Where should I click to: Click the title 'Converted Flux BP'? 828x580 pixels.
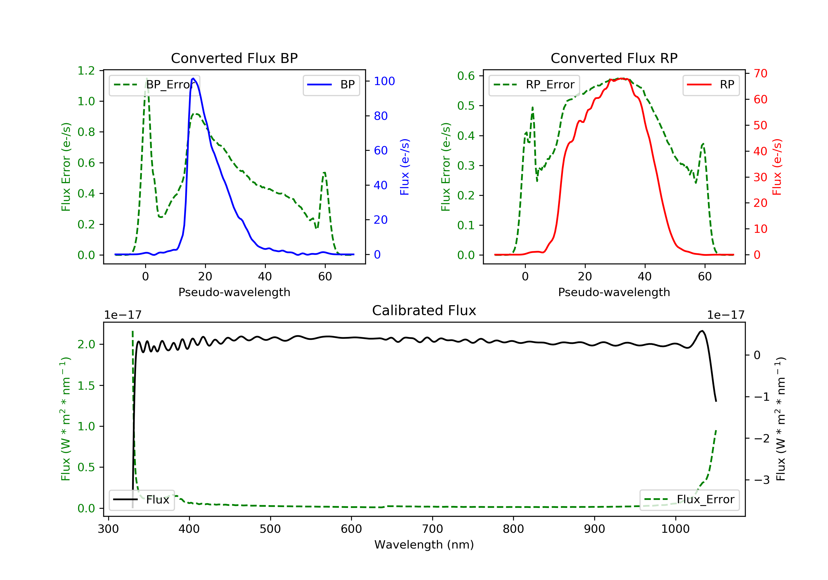[x=234, y=58]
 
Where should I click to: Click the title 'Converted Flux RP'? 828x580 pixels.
[x=614, y=58]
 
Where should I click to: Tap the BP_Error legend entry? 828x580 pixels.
[x=154, y=85]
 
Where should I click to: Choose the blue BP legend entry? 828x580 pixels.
[x=331, y=85]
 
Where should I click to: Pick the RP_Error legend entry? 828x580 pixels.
[x=534, y=85]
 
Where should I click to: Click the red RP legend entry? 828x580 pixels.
[x=711, y=85]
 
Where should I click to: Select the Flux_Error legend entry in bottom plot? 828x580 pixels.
[x=689, y=500]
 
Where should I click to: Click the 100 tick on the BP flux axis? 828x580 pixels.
[x=384, y=81]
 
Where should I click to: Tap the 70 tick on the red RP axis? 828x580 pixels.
[x=760, y=74]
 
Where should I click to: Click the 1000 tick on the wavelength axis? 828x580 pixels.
[x=675, y=529]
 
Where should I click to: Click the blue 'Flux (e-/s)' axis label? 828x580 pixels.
[x=405, y=167]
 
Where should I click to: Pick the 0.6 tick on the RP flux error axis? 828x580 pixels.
[x=466, y=76]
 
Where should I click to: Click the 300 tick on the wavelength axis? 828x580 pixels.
[x=108, y=529]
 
